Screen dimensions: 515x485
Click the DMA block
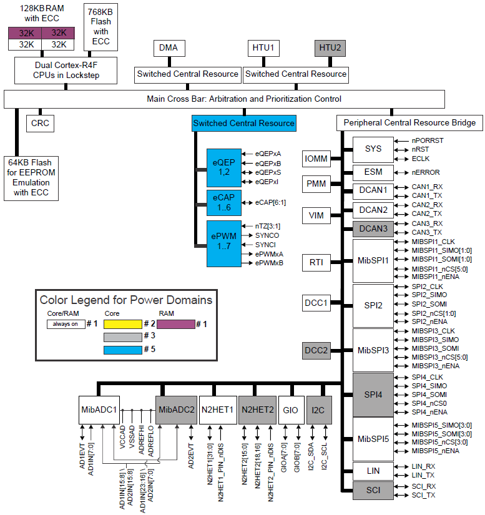click(x=168, y=48)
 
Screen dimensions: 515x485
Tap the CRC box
click(x=40, y=123)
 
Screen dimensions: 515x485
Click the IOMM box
click(x=316, y=159)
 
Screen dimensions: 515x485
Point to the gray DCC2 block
click(x=316, y=350)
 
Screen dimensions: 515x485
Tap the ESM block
click(x=373, y=172)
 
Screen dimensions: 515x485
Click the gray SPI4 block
click(x=373, y=395)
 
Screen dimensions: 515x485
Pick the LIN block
click(x=373, y=471)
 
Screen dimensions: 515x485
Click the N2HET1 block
click(x=217, y=410)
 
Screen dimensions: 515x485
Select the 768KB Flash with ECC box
click(x=102, y=27)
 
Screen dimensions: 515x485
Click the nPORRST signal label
click(x=428, y=141)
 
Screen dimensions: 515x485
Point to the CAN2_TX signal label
click(x=428, y=214)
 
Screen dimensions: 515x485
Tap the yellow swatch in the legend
click(x=122, y=324)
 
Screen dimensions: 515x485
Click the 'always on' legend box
click(x=66, y=324)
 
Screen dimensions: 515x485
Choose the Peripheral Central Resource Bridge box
click(x=409, y=123)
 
